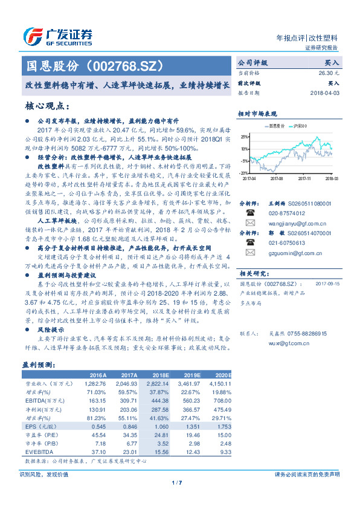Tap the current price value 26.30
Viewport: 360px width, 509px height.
(327, 72)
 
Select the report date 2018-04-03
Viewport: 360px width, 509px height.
(325, 93)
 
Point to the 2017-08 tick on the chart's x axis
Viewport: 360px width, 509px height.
(277, 179)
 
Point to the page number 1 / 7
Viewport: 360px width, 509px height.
(177, 482)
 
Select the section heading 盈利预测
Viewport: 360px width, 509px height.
(37, 365)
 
